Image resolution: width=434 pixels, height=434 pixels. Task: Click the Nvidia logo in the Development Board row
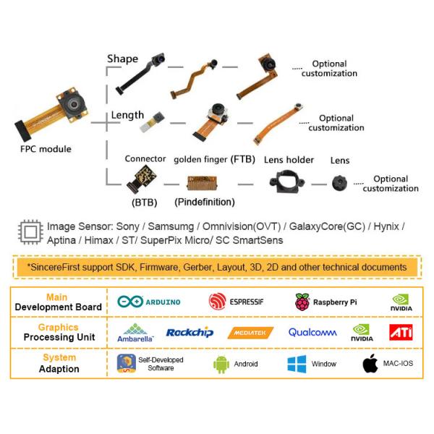pyautogui.click(x=401, y=302)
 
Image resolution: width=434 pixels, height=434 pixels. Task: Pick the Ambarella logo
pyautogui.click(x=135, y=333)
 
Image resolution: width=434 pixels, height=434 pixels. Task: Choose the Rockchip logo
pyautogui.click(x=190, y=333)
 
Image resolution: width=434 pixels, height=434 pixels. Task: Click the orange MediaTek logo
pyautogui.click(x=250, y=333)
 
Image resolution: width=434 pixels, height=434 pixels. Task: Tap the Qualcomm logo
pyautogui.click(x=312, y=333)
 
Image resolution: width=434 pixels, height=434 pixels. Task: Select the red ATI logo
pyautogui.click(x=401, y=332)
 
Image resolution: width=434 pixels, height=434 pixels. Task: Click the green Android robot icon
pyautogui.click(x=221, y=364)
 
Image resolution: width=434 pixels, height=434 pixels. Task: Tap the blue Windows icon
pyautogui.click(x=297, y=364)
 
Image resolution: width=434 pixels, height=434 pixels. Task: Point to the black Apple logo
pyautogui.click(x=370, y=363)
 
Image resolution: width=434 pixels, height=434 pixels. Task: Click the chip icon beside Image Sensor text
pyautogui.click(x=30, y=232)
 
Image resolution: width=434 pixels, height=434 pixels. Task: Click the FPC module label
pyautogui.click(x=46, y=150)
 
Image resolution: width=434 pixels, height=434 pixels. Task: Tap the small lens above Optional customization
pyautogui.click(x=338, y=183)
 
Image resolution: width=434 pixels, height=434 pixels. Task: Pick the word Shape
pyautogui.click(x=122, y=59)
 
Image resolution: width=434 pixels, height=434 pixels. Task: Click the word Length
pyautogui.click(x=128, y=116)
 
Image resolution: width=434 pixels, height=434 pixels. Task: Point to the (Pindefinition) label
pyautogui.click(x=205, y=202)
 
